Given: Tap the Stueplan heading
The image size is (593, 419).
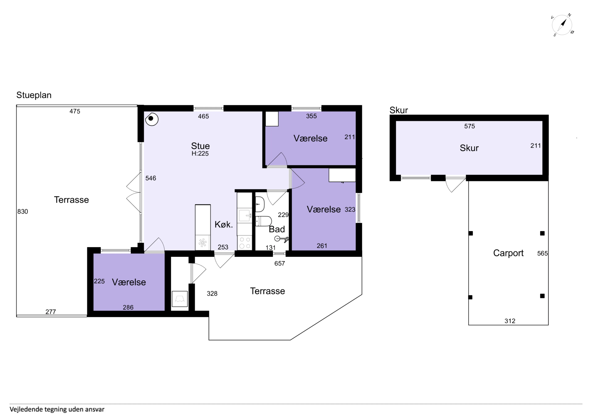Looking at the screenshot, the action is point(34,95).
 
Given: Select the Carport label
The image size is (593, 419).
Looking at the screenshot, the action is point(508,253).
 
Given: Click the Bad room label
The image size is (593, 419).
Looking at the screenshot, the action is point(277,229).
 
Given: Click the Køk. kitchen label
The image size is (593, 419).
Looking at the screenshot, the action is point(224,225).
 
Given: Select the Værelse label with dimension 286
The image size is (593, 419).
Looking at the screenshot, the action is point(129,282).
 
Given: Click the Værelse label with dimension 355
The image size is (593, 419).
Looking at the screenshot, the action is point(310,138).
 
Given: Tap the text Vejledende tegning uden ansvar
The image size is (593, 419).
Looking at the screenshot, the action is point(57,409).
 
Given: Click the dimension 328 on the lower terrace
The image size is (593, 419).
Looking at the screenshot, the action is point(212,294).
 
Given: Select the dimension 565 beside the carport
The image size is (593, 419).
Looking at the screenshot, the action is point(542,254).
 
